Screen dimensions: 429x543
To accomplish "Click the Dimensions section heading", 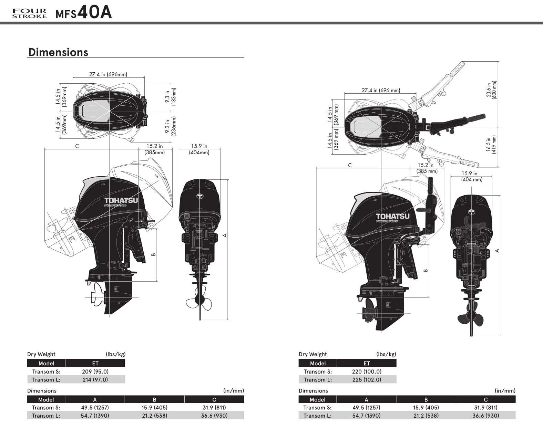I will tap(58, 52).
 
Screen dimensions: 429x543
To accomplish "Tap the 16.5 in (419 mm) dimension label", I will tap(491, 144).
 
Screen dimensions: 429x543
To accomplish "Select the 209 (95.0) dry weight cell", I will tap(95, 372).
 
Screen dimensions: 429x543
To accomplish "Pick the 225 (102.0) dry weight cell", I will tap(367, 380).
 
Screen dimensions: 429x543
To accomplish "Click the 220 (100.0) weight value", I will tap(367, 372).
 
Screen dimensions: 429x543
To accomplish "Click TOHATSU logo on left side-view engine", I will tap(121, 201).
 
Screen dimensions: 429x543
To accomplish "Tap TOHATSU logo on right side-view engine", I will tap(392, 217).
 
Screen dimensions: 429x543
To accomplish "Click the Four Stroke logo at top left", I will tap(29, 13).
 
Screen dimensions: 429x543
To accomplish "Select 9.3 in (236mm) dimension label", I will tap(170, 126).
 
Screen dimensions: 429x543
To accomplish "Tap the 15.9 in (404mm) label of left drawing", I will tap(199, 149).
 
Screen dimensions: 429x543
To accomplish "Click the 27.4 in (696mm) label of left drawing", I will tap(108, 74).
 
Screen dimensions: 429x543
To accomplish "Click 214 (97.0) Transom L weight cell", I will tap(95, 380).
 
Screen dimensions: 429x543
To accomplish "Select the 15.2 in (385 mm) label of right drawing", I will tap(427, 168).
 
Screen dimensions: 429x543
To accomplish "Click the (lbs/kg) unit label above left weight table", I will tap(115, 354).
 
